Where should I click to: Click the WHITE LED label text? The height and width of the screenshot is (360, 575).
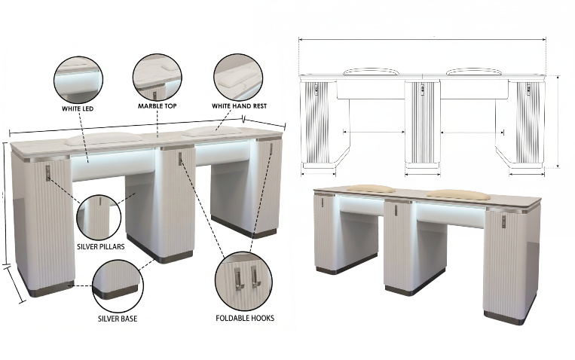78,108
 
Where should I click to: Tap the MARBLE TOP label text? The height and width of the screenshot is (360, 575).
158,106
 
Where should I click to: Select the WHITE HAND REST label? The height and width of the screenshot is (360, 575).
240,106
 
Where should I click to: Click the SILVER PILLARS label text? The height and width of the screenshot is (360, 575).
100,246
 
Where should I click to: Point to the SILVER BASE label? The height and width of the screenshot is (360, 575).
118,319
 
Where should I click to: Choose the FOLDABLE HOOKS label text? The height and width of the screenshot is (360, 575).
245,318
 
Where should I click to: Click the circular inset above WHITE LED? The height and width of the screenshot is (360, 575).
78,80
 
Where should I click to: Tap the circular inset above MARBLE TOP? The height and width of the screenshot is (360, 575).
157,78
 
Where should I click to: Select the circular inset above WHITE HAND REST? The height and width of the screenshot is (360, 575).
238,78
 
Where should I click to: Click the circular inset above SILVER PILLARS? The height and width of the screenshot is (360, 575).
99,217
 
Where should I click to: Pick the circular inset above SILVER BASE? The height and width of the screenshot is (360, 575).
118,285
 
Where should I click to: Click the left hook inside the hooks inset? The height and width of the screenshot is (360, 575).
237,277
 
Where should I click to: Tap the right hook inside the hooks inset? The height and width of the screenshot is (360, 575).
255,276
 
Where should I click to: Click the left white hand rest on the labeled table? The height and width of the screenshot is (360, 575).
103,138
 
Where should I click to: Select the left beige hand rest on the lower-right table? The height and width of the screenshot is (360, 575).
371,188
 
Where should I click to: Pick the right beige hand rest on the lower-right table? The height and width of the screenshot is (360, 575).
459,195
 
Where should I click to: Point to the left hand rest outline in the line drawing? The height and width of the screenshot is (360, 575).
371,71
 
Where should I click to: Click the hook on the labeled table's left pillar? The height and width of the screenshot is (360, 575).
48,172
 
